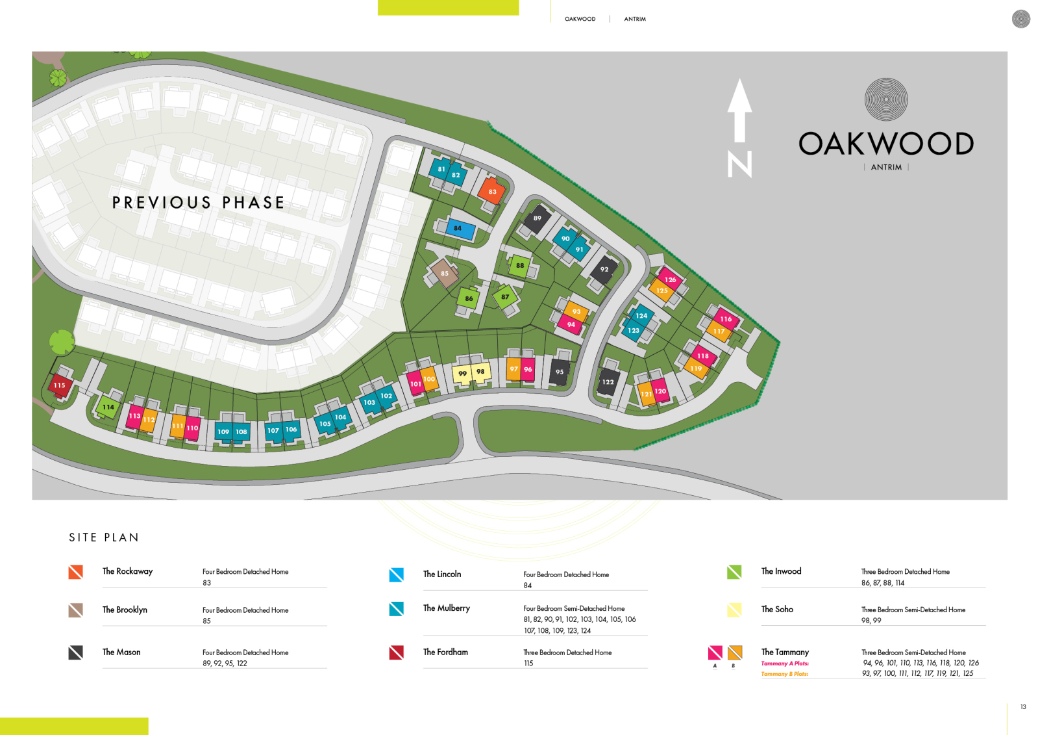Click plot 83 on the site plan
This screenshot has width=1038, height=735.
point(492,191)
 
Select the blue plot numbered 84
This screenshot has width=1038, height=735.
point(458,228)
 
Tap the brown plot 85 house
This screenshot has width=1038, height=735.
point(445,273)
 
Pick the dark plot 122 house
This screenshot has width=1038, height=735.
point(608,382)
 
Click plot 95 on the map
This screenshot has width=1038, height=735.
point(560,372)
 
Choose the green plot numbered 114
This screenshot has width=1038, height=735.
point(108,407)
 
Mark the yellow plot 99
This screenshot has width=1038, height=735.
point(462,374)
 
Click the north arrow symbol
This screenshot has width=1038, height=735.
point(739,110)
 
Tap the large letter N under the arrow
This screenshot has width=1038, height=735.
point(740,164)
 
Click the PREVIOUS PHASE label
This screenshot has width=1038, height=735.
point(198,203)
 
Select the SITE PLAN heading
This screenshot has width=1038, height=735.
point(104,537)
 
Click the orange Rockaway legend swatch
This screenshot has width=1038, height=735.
point(76,572)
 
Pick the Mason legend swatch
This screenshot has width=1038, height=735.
point(76,652)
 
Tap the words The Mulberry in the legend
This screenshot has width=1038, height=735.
point(447,608)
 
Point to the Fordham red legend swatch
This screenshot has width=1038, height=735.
point(397,652)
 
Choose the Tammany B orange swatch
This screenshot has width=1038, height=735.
point(735,652)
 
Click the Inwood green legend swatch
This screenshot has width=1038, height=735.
point(734,572)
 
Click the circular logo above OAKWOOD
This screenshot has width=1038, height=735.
point(886,99)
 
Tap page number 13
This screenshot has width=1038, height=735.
point(1023,707)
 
